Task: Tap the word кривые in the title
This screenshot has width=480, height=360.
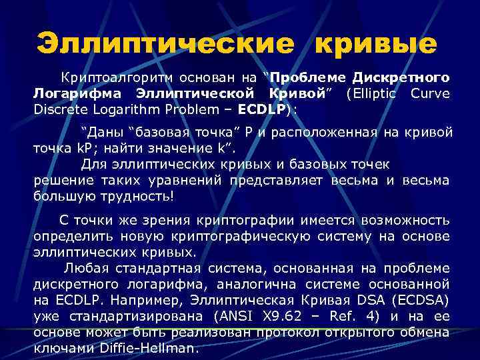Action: click(376, 45)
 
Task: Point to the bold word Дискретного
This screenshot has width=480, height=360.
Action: click(401, 77)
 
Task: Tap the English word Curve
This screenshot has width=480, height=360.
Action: click(431, 93)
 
